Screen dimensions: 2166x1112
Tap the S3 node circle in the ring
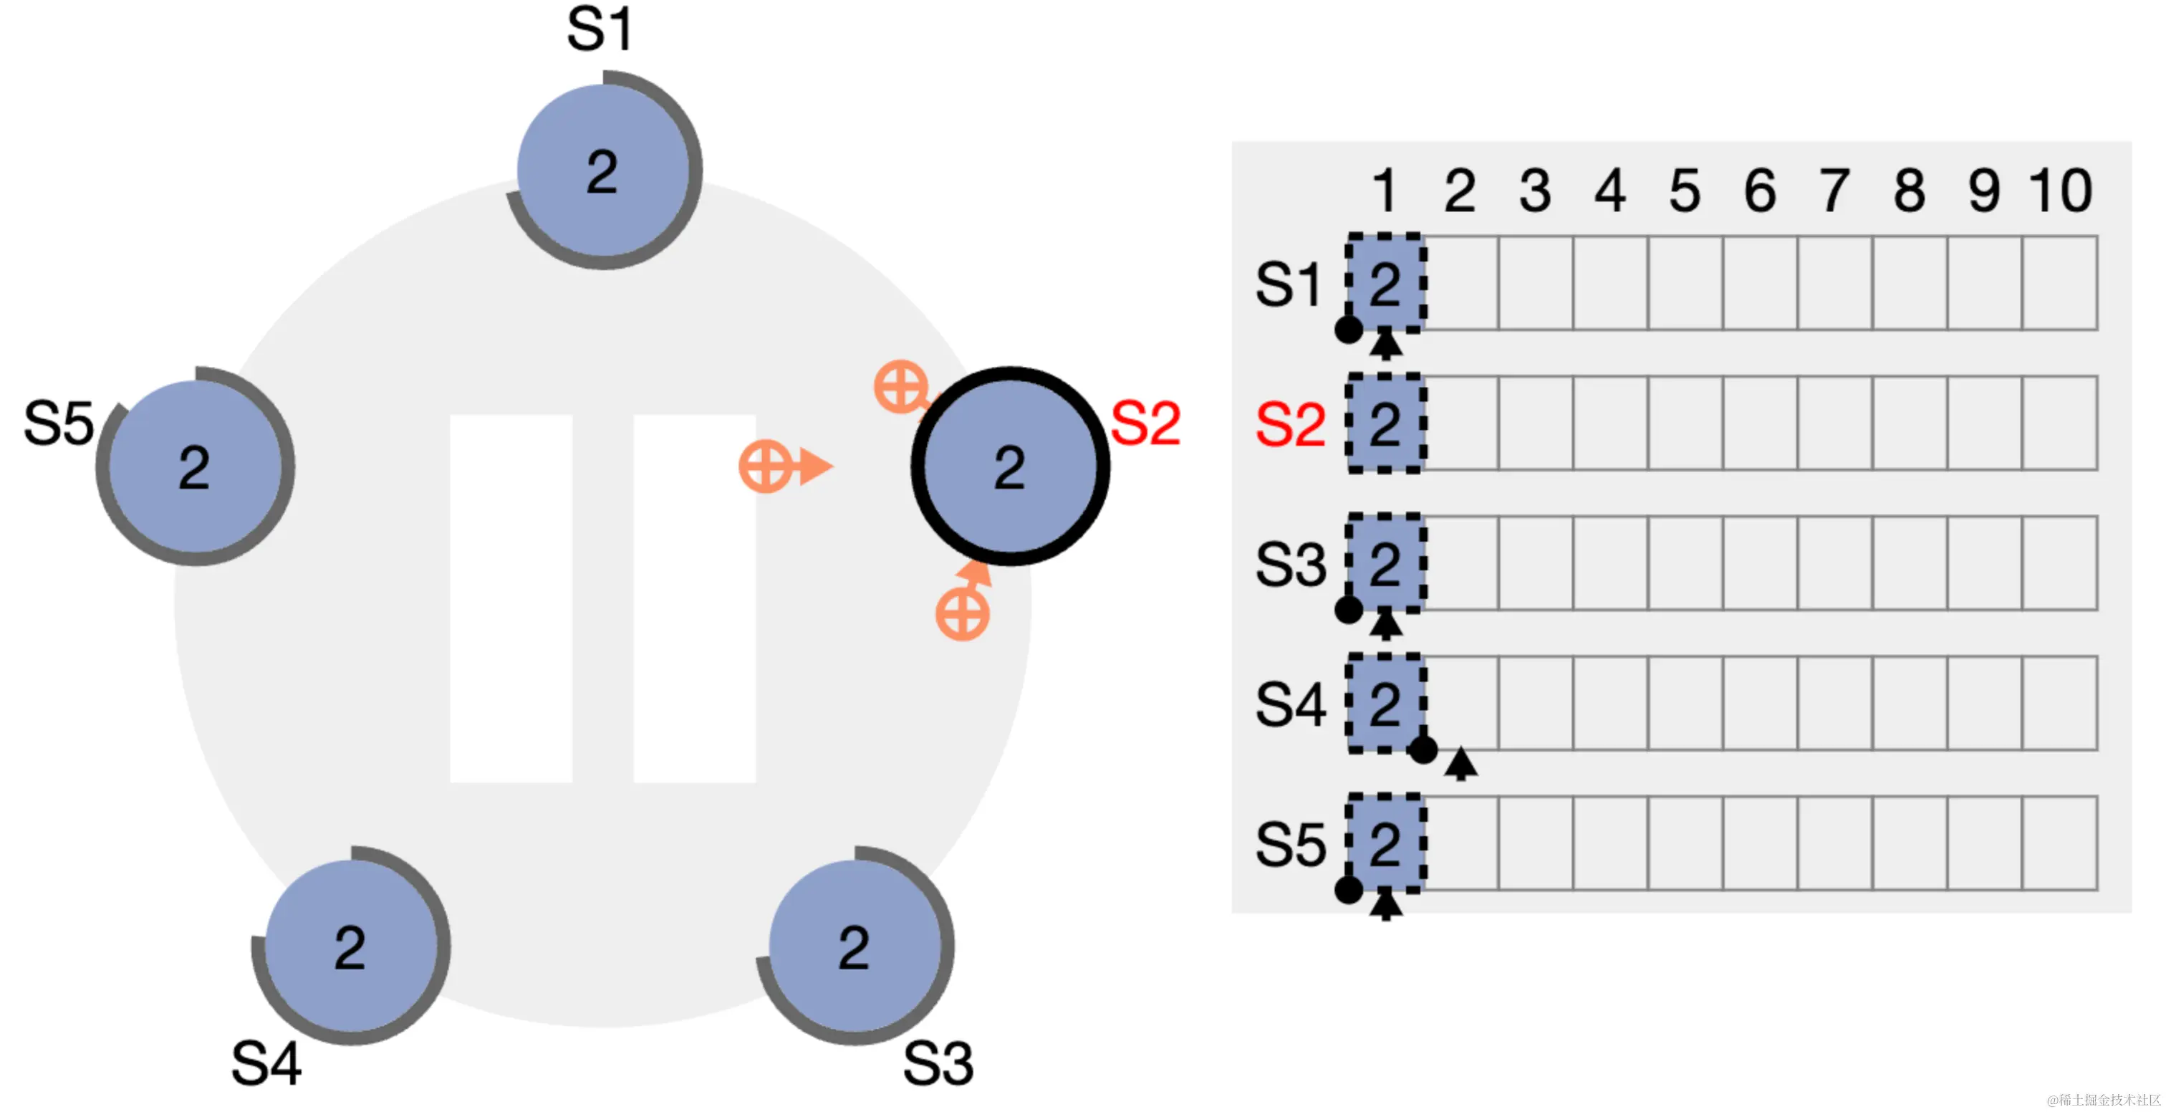coord(855,946)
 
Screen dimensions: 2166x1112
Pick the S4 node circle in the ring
coord(351,946)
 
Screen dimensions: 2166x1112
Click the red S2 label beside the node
coord(1145,423)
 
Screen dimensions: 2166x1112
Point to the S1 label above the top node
coord(599,30)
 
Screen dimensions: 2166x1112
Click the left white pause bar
coord(511,598)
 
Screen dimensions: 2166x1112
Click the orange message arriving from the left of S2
coord(766,466)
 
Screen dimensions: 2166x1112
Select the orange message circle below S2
coord(962,614)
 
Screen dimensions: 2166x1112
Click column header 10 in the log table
coord(2060,191)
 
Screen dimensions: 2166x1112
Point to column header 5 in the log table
coord(1685,191)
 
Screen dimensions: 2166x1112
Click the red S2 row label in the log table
coord(1290,425)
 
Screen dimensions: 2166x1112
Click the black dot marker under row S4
coord(1423,749)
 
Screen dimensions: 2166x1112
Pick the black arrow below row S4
coord(1460,763)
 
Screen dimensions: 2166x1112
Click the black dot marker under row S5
coord(1349,889)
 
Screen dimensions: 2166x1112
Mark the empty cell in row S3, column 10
coord(2060,562)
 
